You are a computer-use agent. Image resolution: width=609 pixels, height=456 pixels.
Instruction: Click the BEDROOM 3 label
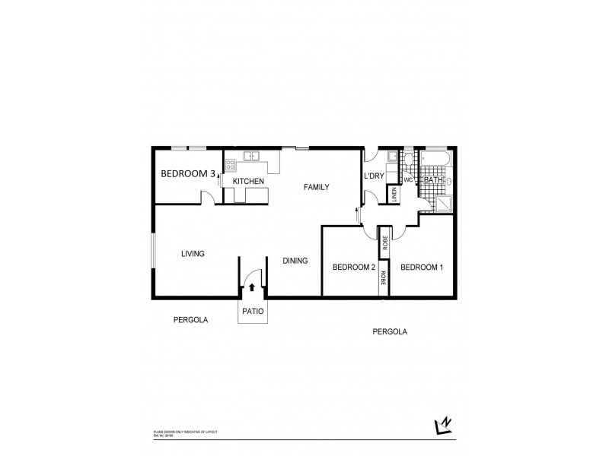pos(187,174)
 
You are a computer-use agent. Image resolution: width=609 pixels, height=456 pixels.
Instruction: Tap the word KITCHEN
pos(248,181)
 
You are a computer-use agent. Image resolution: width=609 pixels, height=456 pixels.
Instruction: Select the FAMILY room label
pos(316,187)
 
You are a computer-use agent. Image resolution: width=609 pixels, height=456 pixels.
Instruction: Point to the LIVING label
pos(193,254)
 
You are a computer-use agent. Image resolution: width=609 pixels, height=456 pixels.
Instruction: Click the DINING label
pos(295,261)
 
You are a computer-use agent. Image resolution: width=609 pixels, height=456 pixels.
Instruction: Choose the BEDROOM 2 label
pos(354,267)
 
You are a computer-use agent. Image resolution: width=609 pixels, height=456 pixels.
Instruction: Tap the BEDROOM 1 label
pos(421,267)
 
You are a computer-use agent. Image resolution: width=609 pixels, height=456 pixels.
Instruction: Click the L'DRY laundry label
pos(374,176)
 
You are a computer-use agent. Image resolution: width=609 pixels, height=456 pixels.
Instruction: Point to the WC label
pos(407,180)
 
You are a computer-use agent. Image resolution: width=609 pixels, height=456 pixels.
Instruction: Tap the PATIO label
pos(253,311)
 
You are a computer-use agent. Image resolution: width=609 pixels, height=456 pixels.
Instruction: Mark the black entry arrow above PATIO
pos(252,287)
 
